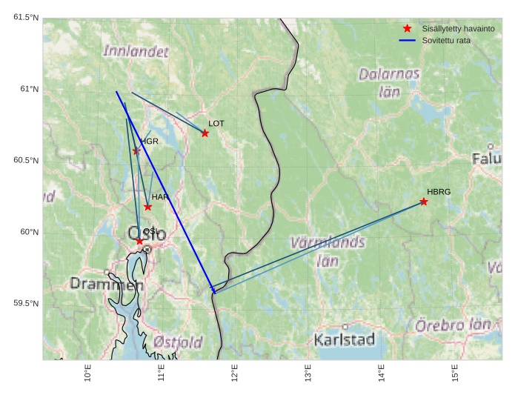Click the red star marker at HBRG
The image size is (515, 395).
pyautogui.click(x=424, y=202)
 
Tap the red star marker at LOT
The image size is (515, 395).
pyautogui.click(x=205, y=133)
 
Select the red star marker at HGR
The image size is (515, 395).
pyautogui.click(x=136, y=151)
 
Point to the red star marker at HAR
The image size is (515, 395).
pyautogui.click(x=148, y=207)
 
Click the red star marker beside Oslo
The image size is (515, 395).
pyautogui.click(x=139, y=241)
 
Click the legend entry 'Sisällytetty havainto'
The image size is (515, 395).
pyautogui.click(x=451, y=28)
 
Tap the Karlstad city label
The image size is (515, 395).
pyautogui.click(x=345, y=340)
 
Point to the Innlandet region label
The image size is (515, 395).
pyautogui.click(x=136, y=51)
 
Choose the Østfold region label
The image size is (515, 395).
pyautogui.click(x=178, y=342)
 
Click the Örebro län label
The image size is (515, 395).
pyautogui.click(x=453, y=325)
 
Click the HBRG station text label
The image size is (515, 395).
pyautogui.click(x=439, y=192)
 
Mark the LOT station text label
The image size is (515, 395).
pyautogui.click(x=216, y=123)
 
